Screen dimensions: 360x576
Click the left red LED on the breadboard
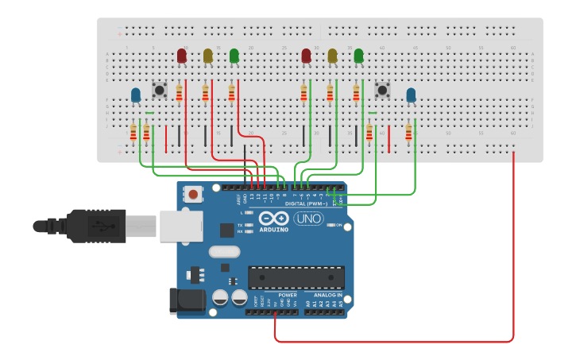coord(182,56)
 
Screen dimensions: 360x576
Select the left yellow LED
coord(208,56)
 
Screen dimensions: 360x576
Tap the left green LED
coord(234,56)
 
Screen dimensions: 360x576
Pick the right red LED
coord(307,56)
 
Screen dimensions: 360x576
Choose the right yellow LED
coord(333,56)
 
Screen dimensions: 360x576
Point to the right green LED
coord(358,56)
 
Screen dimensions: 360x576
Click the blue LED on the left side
coord(136,95)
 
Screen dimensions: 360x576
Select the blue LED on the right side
coord(411,95)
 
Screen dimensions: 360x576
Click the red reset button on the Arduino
coord(193,193)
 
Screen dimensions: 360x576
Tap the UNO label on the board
coord(308,219)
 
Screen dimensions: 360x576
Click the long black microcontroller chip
coord(296,278)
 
